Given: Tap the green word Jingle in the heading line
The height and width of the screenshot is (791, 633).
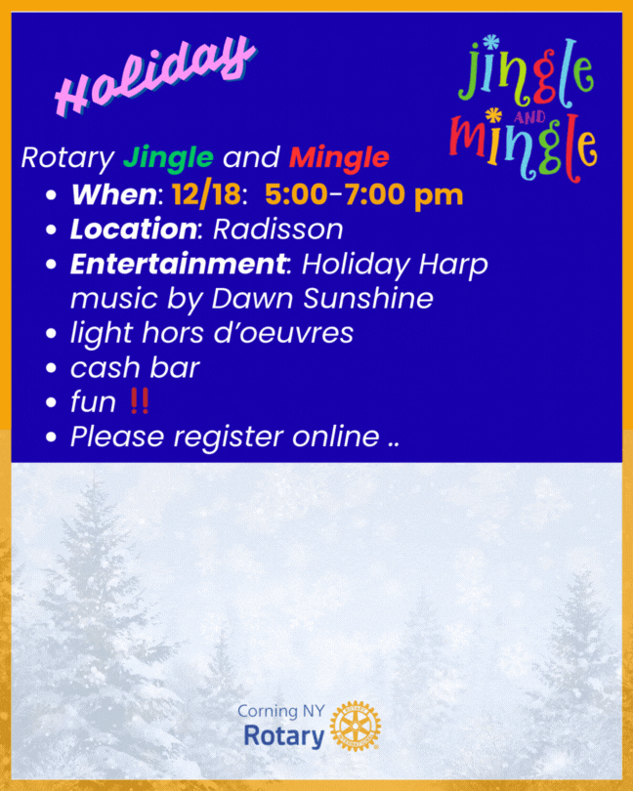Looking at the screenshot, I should click(168, 157).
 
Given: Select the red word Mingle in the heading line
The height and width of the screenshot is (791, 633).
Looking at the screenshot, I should click(339, 157).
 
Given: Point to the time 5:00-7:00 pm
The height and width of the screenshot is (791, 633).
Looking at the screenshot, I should click(363, 194).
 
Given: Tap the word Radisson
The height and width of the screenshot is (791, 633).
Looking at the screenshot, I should click(278, 229).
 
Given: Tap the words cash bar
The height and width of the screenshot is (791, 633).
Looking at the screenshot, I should click(135, 367).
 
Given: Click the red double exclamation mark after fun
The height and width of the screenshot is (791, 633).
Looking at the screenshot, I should click(139, 401).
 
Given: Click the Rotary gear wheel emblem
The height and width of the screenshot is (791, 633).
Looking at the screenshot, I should click(356, 726).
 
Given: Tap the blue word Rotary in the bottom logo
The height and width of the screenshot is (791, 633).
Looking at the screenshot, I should click(283, 735).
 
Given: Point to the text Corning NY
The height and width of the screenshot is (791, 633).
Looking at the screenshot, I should click(281, 711).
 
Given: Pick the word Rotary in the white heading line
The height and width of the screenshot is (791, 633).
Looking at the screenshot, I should click(67, 157).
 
